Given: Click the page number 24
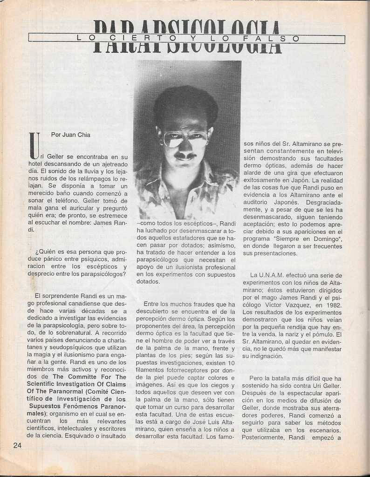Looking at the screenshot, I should point(17,445).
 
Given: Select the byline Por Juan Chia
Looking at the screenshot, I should point(70,135).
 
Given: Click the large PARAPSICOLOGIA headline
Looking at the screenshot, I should point(187,37).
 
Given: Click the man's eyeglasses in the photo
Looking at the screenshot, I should point(185,138).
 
